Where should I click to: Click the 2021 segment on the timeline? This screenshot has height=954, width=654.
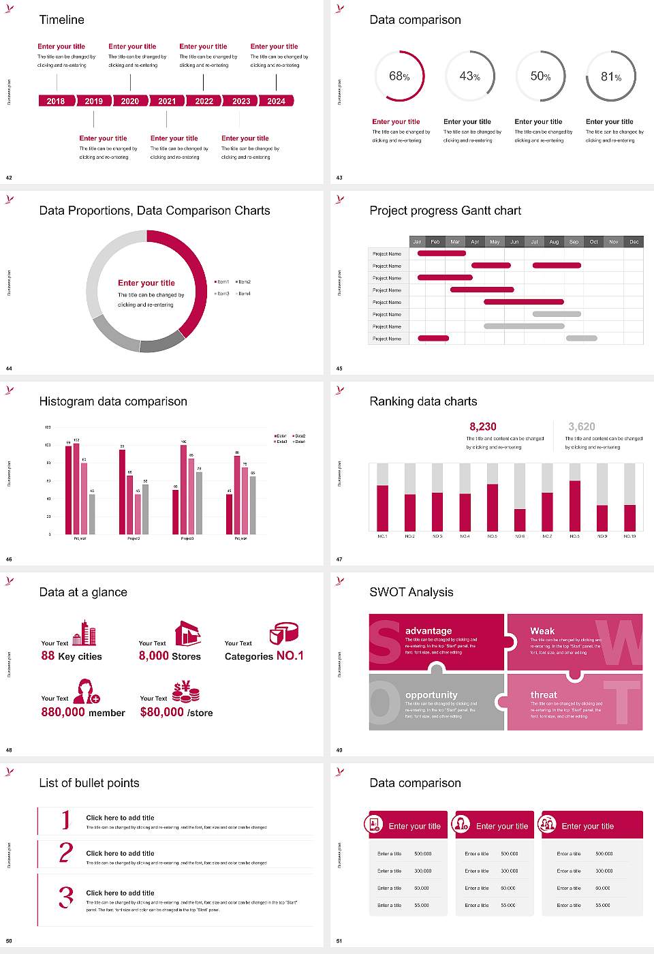tap(167, 101)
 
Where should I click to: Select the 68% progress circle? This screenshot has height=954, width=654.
tap(399, 76)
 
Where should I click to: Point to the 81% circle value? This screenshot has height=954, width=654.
tap(610, 77)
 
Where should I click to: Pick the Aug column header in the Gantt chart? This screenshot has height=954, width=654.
tap(554, 242)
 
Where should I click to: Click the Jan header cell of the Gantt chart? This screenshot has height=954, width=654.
tap(417, 242)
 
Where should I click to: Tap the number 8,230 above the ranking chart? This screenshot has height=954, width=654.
tap(483, 427)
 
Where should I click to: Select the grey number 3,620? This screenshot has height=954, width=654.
tap(582, 427)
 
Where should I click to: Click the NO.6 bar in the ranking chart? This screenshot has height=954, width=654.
tap(520, 519)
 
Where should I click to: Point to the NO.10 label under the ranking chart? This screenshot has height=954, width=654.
tap(629, 536)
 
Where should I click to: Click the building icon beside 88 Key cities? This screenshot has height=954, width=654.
tap(84, 633)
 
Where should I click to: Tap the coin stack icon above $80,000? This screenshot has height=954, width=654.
tap(185, 692)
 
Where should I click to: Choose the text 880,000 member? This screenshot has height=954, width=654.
tap(83, 712)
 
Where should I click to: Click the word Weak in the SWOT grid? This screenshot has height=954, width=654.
tap(542, 631)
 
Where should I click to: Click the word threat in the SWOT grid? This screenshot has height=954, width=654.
tap(544, 695)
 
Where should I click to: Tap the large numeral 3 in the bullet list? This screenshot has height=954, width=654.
tap(66, 897)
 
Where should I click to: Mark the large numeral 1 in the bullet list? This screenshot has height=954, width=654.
tap(65, 819)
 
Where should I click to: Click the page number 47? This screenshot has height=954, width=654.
tap(339, 559)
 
